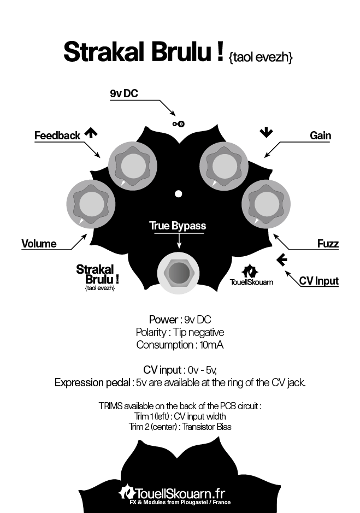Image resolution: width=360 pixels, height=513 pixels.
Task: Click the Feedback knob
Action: (133, 166)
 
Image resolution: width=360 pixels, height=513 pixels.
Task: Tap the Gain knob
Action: (224, 166)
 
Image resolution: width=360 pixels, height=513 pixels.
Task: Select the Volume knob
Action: (91, 203)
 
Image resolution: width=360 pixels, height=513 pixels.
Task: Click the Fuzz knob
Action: (266, 203)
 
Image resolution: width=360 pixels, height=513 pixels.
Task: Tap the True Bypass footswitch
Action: (179, 273)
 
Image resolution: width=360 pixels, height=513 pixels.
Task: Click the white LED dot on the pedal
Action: (179, 194)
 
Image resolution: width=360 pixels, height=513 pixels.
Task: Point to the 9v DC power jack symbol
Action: (179, 123)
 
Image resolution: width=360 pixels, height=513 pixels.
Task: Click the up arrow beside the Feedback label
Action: (91, 133)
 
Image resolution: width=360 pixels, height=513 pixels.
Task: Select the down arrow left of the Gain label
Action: (266, 133)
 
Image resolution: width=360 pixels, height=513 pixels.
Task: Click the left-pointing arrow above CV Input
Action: (282, 260)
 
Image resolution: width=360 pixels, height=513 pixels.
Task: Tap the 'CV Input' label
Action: (319, 281)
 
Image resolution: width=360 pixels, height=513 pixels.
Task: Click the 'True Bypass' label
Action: (178, 226)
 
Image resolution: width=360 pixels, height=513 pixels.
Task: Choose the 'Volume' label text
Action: (39, 244)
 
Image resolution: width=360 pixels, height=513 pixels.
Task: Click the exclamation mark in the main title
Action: (220, 52)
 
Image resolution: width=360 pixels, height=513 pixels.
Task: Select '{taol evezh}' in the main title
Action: (261, 57)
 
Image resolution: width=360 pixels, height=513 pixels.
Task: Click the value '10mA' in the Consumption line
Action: (211, 345)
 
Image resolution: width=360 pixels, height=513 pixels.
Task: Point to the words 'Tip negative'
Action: (199, 332)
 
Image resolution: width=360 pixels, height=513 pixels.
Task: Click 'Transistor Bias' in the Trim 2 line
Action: (207, 427)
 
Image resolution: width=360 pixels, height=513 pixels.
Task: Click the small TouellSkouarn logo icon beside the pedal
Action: (250, 271)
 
